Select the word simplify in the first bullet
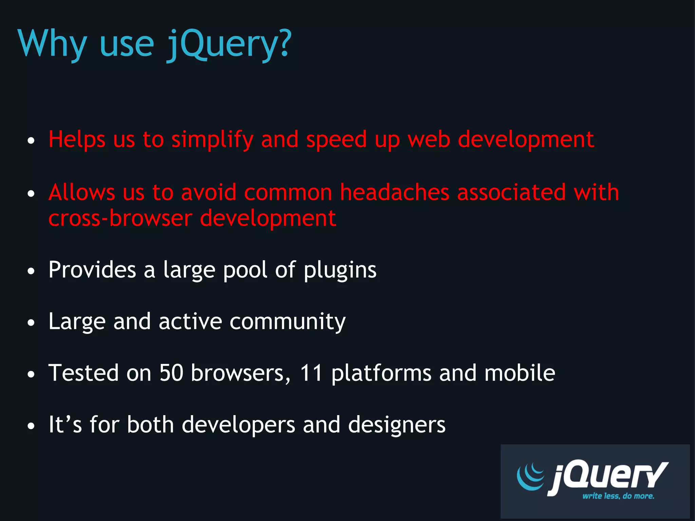tap(212, 139)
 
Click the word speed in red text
tap(336, 139)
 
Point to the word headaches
tap(395, 192)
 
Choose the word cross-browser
tap(120, 218)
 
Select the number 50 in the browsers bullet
tap(171, 373)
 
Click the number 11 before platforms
tap(311, 373)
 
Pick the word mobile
tap(520, 373)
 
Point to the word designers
tap(397, 425)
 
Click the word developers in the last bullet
tap(239, 425)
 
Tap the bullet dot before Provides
tap(31, 271)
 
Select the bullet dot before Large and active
tap(31, 323)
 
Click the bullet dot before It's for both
tap(31, 426)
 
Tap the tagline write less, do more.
tap(618, 496)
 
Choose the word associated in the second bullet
tap(511, 192)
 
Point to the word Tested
tap(83, 373)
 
